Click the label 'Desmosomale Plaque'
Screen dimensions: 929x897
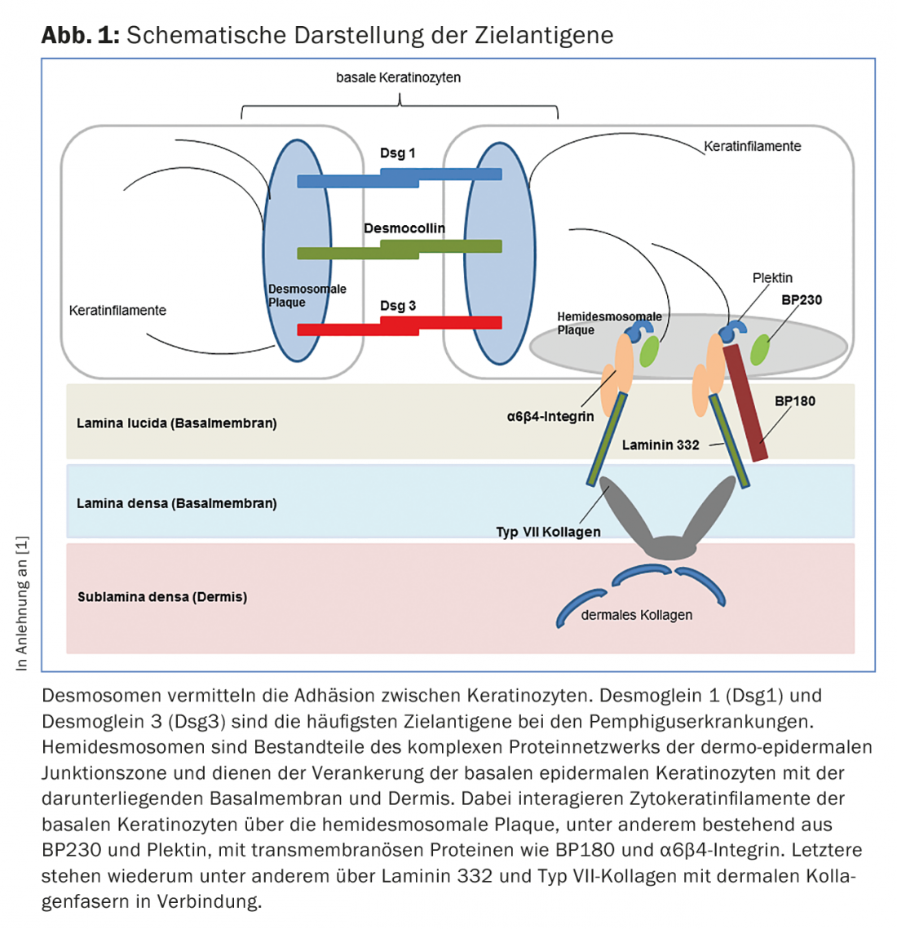tap(307, 295)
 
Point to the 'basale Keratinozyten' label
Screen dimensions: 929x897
tap(398, 77)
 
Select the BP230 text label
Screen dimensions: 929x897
tap(801, 299)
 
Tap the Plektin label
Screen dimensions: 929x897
tap(771, 278)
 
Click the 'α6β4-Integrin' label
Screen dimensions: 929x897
tap(550, 417)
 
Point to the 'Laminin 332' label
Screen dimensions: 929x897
tap(660, 445)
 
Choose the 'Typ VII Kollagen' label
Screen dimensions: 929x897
tap(548, 532)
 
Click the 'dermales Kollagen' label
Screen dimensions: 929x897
tap(636, 615)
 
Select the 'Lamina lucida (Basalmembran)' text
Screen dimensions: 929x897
tap(176, 423)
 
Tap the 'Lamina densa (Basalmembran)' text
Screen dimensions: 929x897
tap(176, 503)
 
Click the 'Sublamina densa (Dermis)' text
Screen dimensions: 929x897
tap(161, 597)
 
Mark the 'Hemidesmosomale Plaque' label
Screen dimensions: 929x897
tap(608, 323)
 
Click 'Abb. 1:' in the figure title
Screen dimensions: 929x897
tap(81, 35)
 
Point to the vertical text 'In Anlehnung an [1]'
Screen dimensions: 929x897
tap(22, 604)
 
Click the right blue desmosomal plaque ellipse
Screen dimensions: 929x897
tap(501, 253)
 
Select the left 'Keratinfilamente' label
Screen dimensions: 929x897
tap(117, 311)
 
